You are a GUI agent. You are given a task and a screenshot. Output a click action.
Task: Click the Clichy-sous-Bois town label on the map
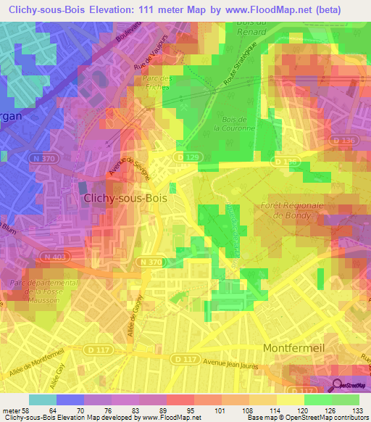click(x=126, y=198)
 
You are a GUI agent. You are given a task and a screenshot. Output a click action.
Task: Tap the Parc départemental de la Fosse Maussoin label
click(x=41, y=291)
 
